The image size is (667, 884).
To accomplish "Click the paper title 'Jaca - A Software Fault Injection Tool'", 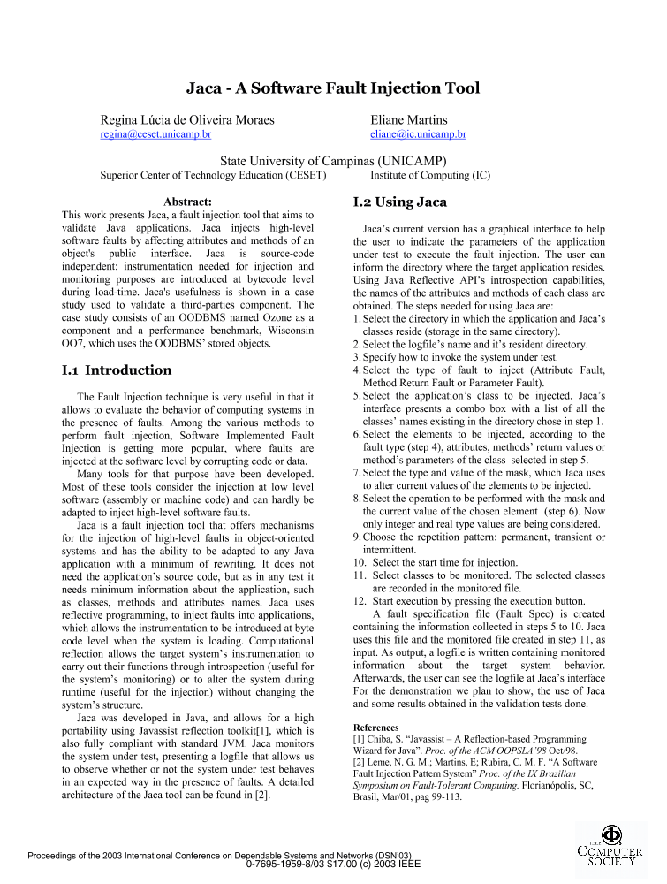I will click(333, 88).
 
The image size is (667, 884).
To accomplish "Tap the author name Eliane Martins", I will click(409, 119).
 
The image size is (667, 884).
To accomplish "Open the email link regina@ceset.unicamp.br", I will click(156, 134).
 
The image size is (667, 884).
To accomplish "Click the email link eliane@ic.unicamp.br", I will click(418, 134).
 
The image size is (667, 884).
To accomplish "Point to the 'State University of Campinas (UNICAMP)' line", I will click(333, 161).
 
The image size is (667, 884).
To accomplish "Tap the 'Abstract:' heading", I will click(188, 202).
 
